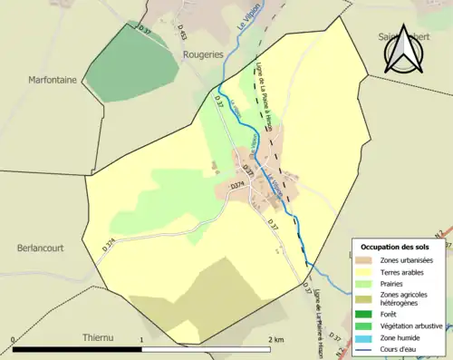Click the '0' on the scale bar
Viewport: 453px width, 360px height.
click(x=13, y=339)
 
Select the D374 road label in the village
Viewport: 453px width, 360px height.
click(x=238, y=185)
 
